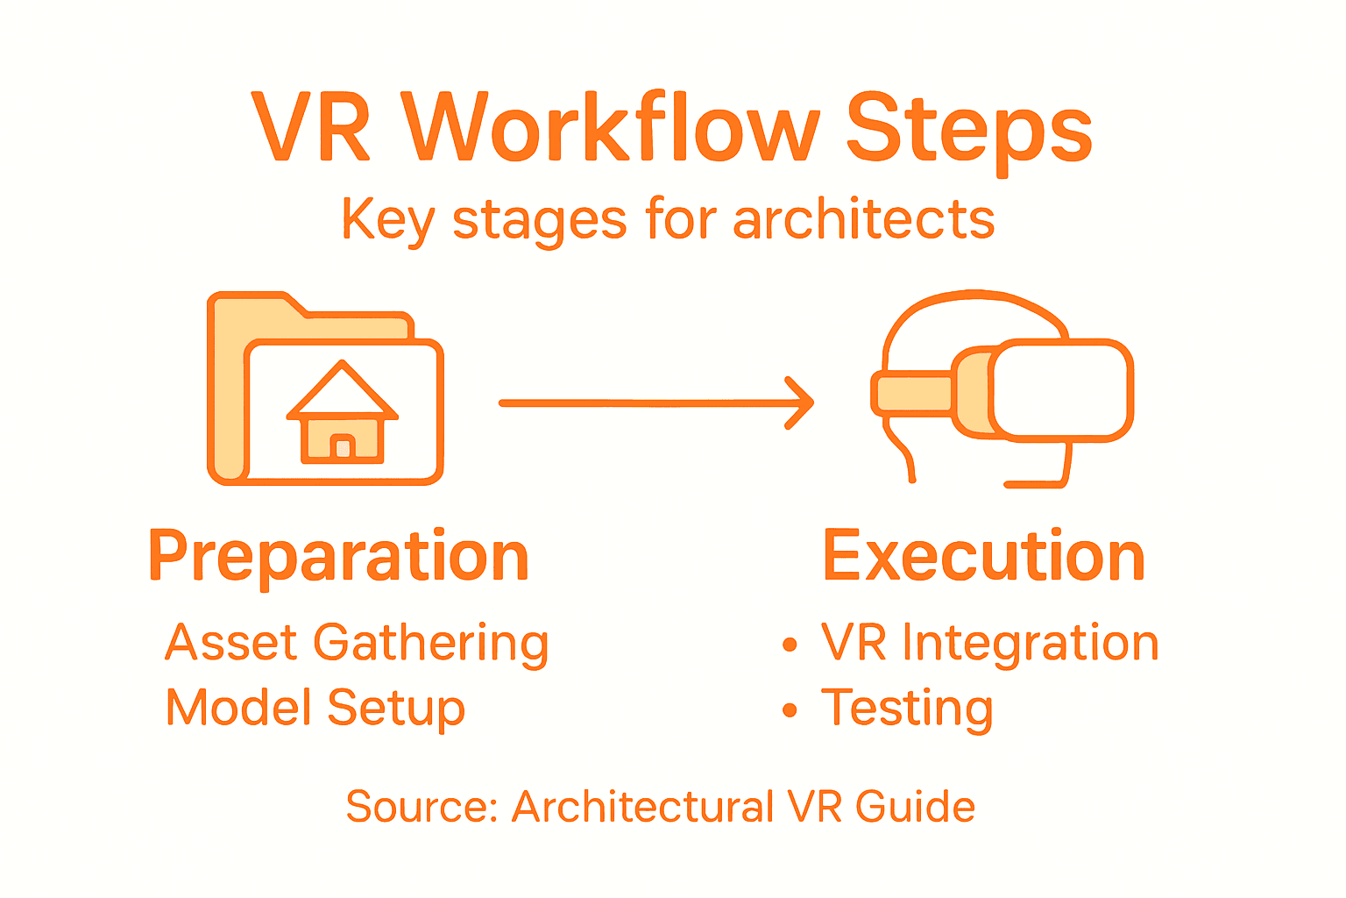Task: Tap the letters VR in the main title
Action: pos(311,129)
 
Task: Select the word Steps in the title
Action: pos(969,129)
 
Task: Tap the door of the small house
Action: pos(343,447)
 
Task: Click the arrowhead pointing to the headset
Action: pos(801,403)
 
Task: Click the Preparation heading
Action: pos(339,558)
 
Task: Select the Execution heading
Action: pos(983,556)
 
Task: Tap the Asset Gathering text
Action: pos(357,644)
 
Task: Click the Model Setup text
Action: pos(315,709)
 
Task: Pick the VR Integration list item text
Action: pos(989,644)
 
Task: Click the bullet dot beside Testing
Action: pos(790,709)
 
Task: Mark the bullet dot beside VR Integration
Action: pos(790,645)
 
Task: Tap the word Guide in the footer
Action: pos(915,807)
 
